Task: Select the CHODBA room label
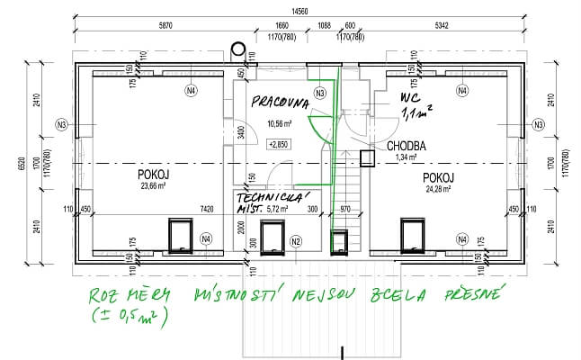(x=406, y=145)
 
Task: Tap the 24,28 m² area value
(x=435, y=189)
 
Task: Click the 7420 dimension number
(x=206, y=209)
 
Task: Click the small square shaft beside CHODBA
(x=366, y=159)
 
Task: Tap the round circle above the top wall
(x=237, y=49)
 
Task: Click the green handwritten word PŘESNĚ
(x=478, y=293)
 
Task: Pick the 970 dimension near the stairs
(x=344, y=210)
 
